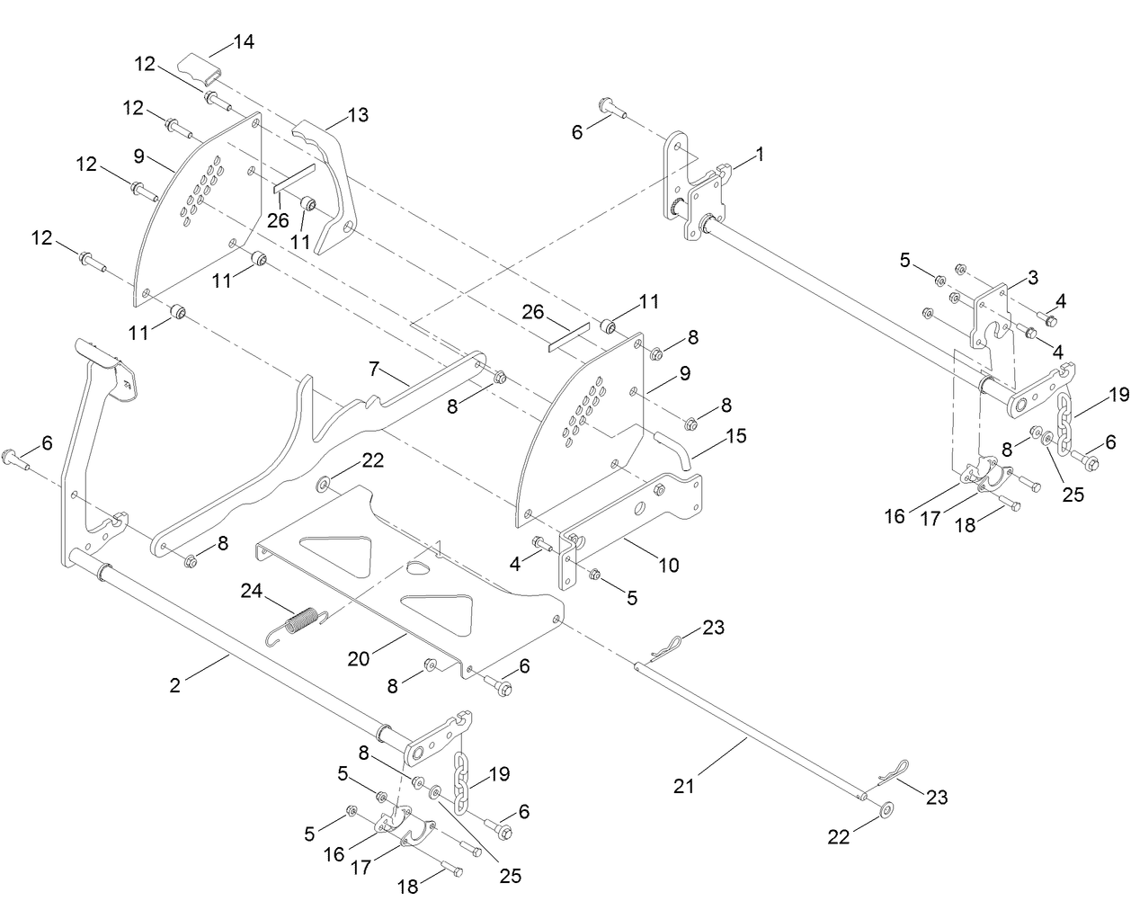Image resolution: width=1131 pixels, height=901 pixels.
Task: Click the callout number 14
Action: [244, 41]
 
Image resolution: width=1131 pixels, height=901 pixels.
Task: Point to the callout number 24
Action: [253, 591]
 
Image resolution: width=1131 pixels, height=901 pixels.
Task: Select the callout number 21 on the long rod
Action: [686, 786]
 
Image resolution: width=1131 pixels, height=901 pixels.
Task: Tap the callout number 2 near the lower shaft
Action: [174, 685]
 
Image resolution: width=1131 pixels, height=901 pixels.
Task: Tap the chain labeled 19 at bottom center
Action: [461, 781]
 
